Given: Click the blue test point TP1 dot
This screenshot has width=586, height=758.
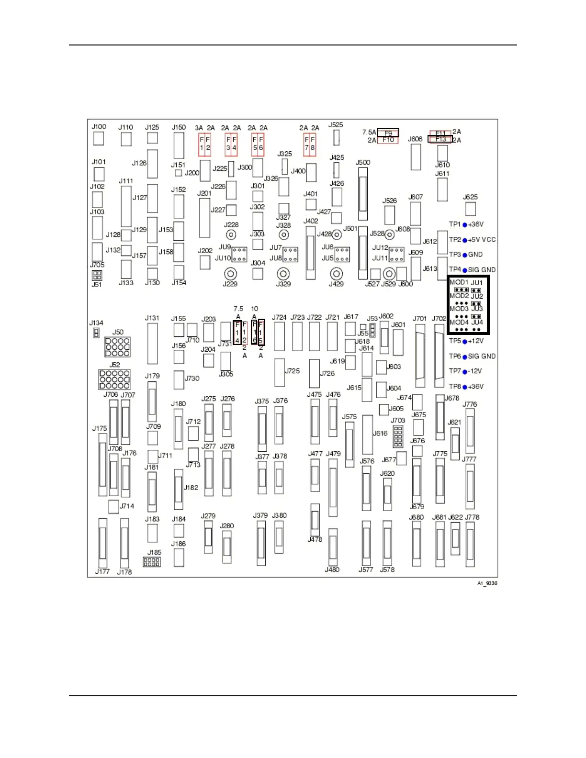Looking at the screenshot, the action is pos(464,225).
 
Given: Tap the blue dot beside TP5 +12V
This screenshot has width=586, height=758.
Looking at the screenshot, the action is pos(464,342).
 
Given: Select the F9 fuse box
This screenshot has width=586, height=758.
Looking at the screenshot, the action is pos(388,133).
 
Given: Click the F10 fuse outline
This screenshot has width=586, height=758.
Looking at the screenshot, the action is pos(388,140).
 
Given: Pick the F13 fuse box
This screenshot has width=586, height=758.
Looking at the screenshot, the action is pos(440,139).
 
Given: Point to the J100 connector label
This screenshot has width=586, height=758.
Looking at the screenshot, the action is pos(99,127).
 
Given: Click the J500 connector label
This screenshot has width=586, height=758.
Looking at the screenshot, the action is pos(363,163).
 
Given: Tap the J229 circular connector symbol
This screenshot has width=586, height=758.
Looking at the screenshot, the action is pos(231,274).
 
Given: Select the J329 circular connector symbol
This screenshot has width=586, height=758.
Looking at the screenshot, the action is pos(283,274).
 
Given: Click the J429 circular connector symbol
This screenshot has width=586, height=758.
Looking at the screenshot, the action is pos(337,274).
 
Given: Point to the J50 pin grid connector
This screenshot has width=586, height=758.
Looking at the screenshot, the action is pos(117,347).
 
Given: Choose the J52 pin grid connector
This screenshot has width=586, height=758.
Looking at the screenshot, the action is pos(114,379).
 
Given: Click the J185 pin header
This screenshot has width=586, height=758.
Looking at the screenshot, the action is pos(152,562).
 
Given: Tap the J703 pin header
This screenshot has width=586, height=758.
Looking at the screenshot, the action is pos(398,436).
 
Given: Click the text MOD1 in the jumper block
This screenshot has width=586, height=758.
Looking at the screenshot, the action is pos(459,282).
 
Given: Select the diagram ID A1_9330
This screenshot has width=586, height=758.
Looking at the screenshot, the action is pos(487,583).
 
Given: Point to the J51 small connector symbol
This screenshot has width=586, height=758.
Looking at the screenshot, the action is pos(97,275).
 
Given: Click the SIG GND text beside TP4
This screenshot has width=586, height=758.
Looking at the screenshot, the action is pos(482,270).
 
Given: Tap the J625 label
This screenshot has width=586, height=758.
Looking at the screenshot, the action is pos(471,197).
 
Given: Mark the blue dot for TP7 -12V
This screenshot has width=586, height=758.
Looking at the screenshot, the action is pos(464,372).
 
